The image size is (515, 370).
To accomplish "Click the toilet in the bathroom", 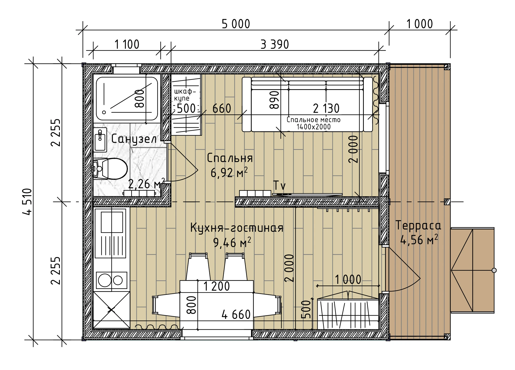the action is (x=110, y=169).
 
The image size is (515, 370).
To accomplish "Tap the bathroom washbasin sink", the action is (x=100, y=139).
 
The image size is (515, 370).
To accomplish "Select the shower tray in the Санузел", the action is (x=127, y=99).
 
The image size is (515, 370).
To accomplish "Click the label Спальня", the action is (x=230, y=158).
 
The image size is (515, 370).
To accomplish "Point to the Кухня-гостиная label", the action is (x=237, y=228).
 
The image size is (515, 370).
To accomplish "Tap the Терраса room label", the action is (x=418, y=225).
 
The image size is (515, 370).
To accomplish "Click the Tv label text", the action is (x=280, y=185).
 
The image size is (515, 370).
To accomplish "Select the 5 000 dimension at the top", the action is (x=236, y=24).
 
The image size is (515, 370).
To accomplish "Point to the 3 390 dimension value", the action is (x=275, y=45).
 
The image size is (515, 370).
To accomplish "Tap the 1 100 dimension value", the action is (x=127, y=45).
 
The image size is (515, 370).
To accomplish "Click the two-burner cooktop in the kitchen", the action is (x=112, y=280).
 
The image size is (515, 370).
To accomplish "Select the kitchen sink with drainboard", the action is (x=112, y=233).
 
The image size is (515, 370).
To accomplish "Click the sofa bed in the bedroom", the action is (x=307, y=104).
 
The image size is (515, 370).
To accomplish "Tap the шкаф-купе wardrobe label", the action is (x=185, y=95).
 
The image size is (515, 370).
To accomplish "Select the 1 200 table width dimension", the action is (x=217, y=287).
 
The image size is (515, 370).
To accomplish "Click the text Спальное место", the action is (x=314, y=120).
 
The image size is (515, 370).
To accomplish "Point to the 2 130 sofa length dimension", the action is (x=326, y=108).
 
